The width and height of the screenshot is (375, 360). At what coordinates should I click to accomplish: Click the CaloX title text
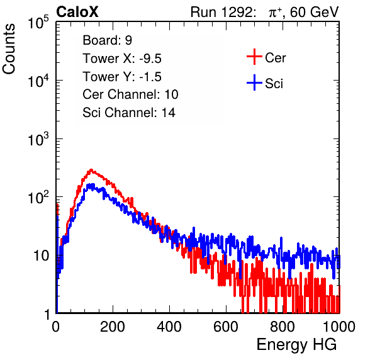click(x=77, y=12)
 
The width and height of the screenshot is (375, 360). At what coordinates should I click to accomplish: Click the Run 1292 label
click(x=221, y=12)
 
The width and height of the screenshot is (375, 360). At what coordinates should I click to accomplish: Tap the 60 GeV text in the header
click(x=314, y=12)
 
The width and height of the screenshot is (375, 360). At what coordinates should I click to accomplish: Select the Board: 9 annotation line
click(x=107, y=40)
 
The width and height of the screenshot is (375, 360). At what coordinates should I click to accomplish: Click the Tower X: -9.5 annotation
click(x=122, y=59)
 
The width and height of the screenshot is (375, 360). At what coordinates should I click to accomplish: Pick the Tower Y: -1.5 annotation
click(x=122, y=77)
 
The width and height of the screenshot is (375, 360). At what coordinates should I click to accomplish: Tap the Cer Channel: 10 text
click(x=130, y=94)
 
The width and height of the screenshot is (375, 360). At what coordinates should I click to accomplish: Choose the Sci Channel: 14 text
click(x=129, y=113)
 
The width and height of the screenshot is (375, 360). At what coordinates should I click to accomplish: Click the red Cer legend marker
click(x=254, y=57)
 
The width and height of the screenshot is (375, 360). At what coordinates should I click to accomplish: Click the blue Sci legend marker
click(x=254, y=82)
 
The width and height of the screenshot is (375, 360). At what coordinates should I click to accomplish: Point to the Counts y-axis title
click(x=9, y=49)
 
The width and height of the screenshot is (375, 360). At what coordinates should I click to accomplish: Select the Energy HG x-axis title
click(x=296, y=345)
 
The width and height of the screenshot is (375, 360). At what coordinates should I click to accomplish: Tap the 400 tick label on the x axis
click(x=169, y=327)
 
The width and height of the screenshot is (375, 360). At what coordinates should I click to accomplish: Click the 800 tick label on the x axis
click(x=283, y=327)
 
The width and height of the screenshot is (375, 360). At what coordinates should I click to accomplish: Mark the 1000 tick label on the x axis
click(x=339, y=327)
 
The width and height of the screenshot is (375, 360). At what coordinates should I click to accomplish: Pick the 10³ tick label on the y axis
click(x=38, y=139)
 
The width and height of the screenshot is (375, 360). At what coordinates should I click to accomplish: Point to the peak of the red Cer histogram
click(x=91, y=169)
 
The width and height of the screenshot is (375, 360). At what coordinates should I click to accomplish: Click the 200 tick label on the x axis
click(x=113, y=327)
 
